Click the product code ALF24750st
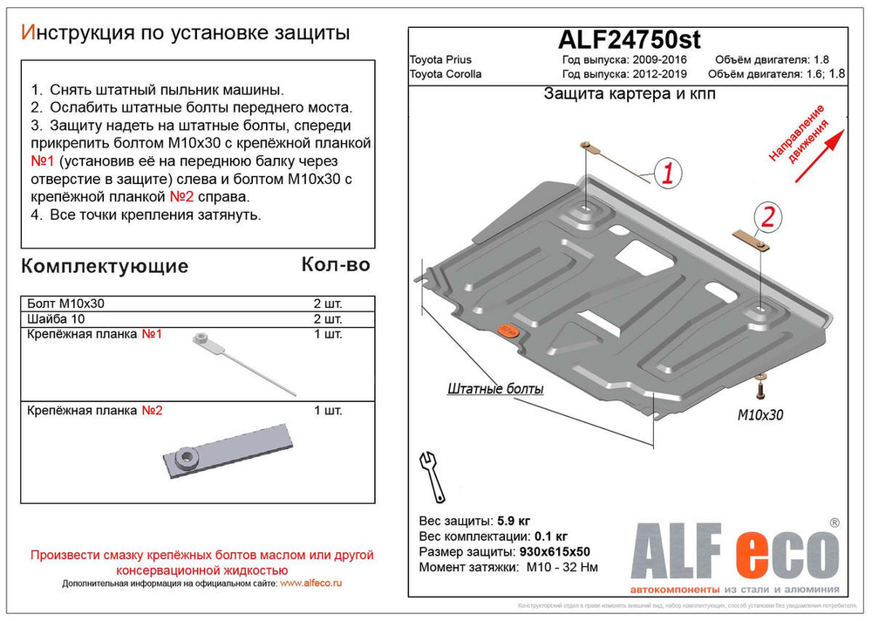tap(628, 40)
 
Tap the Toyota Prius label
tap(440, 60)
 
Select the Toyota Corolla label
tap(446, 74)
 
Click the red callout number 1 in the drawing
tap(667, 174)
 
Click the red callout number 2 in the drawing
tap(767, 217)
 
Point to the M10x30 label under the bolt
tap(760, 415)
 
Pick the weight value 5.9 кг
tap(512, 521)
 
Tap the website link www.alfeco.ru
tap(311, 583)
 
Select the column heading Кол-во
tap(335, 264)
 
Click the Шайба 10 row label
tap(56, 319)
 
